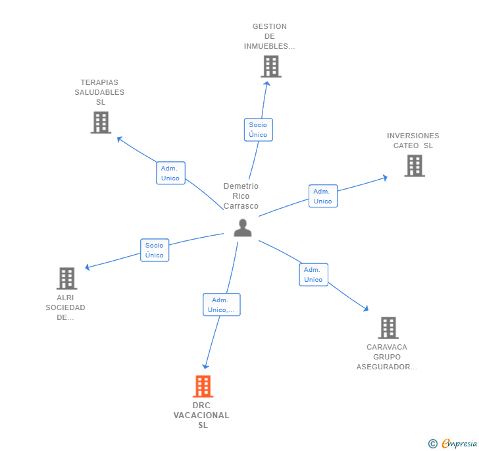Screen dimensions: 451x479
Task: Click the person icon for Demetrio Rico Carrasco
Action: pos(243,228)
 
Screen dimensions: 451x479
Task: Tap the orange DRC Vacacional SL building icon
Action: pos(203,386)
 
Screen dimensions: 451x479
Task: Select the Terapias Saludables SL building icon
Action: pos(101,122)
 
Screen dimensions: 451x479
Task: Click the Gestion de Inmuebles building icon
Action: pos(270,66)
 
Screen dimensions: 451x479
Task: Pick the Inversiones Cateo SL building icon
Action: pos(414,166)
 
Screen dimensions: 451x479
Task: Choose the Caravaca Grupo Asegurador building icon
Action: pos(388,328)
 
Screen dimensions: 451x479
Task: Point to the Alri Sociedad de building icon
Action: pos(66,279)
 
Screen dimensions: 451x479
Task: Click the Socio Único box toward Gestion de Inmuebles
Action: pos(258,130)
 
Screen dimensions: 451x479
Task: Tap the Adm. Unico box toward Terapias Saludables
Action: pos(170,173)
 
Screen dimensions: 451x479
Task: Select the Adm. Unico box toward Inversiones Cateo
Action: pos(322,196)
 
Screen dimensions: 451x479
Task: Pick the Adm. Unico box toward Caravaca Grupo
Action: pos(313,275)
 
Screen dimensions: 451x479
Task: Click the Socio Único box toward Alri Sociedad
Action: pos(155,250)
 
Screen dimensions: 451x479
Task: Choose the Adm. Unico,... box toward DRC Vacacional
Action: pos(221,305)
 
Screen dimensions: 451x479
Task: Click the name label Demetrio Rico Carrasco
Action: pos(241,196)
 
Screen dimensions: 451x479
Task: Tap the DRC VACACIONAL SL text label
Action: pos(201,415)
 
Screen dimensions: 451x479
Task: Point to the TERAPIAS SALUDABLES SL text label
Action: pos(99,92)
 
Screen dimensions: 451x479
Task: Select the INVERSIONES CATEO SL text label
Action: pos(413,140)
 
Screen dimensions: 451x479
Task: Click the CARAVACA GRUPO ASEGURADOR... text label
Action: pos(387,357)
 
